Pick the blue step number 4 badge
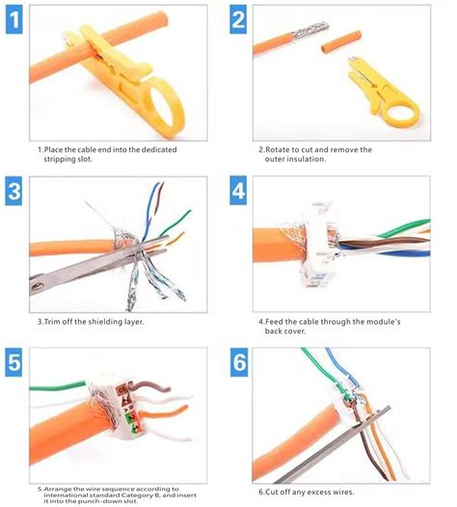click(238, 191)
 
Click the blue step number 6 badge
click(238, 362)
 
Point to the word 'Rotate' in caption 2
click(279, 149)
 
